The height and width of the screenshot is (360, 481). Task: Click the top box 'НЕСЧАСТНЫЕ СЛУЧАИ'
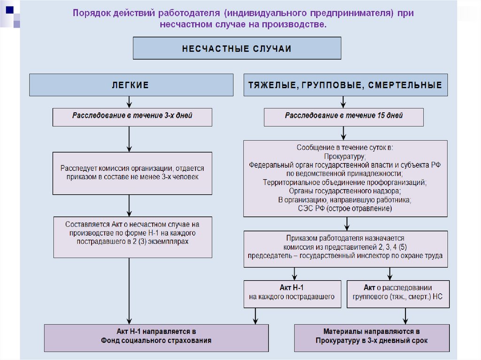click(237, 48)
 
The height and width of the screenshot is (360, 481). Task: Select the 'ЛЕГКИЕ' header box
click(131, 85)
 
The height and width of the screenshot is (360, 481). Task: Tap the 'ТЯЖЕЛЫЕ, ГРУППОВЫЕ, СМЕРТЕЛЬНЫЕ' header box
click(345, 85)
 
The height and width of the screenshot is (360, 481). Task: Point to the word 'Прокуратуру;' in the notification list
click(345, 156)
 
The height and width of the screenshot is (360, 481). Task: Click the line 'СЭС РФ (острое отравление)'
click(345, 208)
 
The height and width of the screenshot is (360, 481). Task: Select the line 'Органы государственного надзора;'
click(345, 191)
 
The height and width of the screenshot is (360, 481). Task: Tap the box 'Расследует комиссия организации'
click(132, 173)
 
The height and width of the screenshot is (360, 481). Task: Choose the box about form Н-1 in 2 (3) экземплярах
click(132, 237)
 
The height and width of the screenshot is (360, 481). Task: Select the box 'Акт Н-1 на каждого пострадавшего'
click(292, 293)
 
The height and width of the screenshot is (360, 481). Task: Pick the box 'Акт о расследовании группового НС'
click(397, 293)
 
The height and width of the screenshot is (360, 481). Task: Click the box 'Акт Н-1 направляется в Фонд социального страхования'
click(156, 337)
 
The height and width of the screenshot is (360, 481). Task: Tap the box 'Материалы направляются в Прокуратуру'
click(371, 337)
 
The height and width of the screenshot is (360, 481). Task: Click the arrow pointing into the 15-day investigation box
click(343, 102)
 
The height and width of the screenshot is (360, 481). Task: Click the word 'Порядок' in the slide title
click(92, 13)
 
